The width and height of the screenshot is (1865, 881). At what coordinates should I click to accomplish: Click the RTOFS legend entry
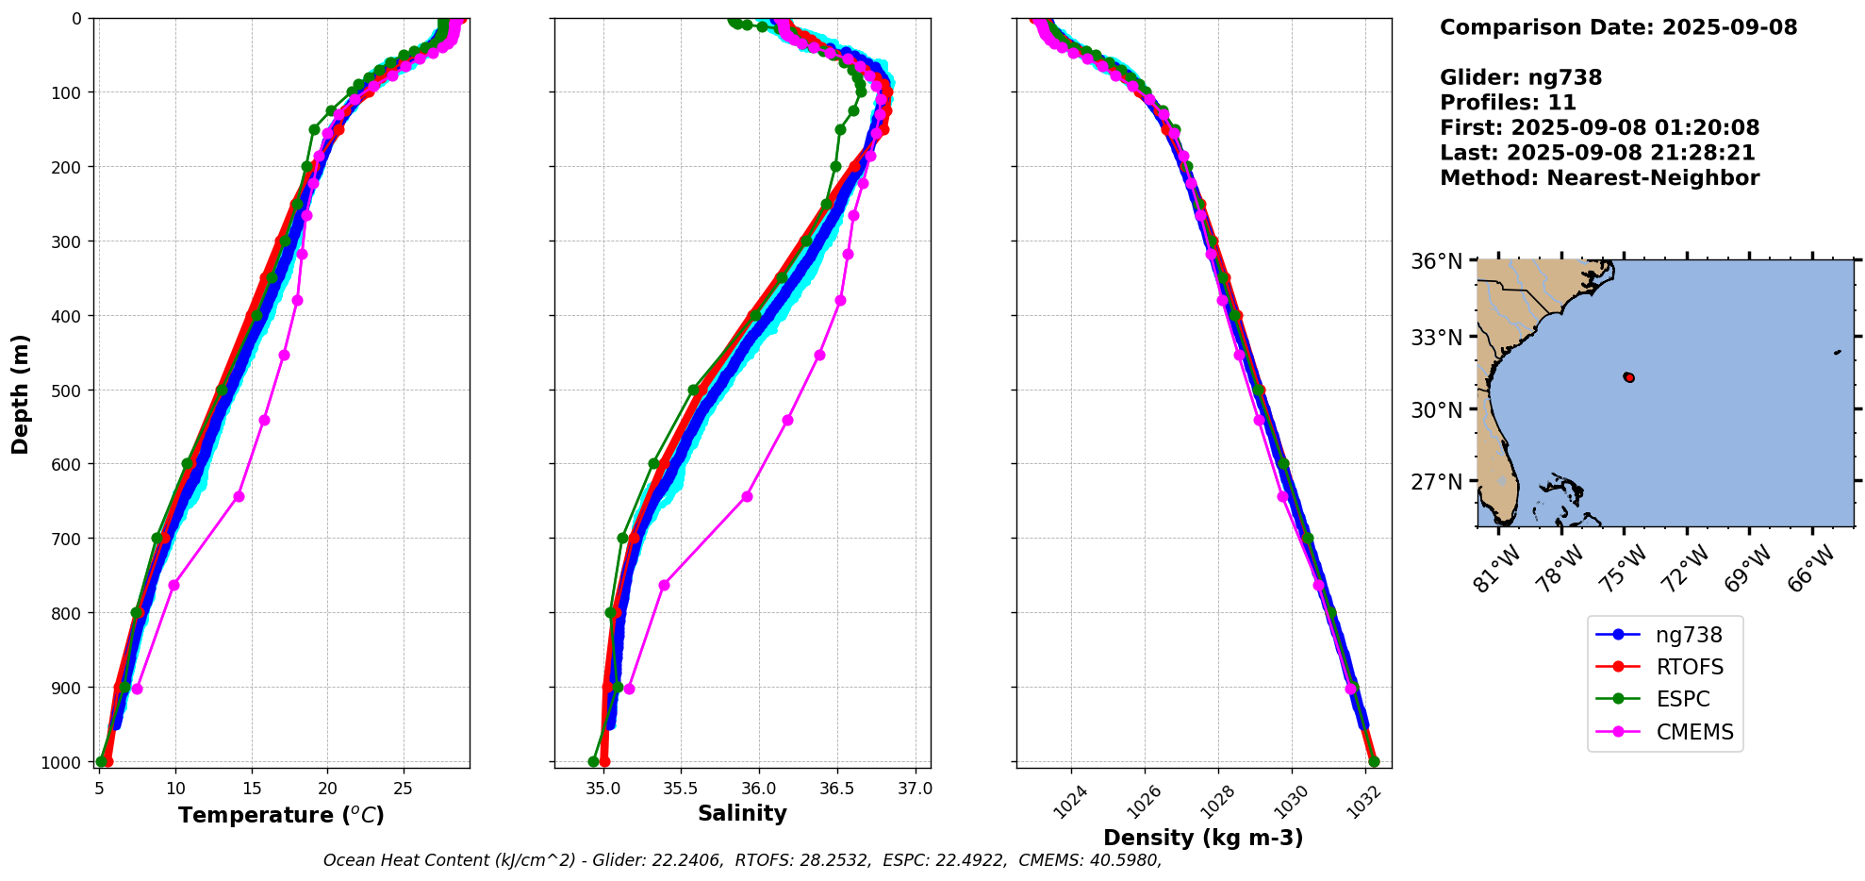(x=1689, y=667)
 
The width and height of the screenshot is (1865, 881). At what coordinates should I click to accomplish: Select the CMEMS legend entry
(x=1694, y=732)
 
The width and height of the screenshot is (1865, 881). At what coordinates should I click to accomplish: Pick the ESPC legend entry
(x=1682, y=699)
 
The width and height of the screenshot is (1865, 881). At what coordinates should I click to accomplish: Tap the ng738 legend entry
(x=1688, y=635)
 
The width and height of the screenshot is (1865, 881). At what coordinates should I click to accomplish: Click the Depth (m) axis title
(x=21, y=393)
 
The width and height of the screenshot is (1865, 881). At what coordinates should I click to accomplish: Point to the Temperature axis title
(x=281, y=815)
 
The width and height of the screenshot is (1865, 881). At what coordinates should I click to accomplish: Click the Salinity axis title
(x=742, y=813)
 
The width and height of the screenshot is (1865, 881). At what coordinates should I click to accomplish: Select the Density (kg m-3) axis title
(x=1203, y=838)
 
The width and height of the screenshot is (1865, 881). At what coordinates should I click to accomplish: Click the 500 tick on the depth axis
(x=67, y=390)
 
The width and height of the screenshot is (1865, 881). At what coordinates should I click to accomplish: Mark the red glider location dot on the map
(x=1628, y=377)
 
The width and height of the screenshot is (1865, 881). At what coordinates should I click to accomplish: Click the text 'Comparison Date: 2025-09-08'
(x=1618, y=27)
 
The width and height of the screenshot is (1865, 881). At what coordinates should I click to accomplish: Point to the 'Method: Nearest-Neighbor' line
(x=1599, y=178)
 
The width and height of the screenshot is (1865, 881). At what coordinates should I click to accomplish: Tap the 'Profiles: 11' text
(x=1508, y=103)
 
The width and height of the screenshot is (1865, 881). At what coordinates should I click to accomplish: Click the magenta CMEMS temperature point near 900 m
(x=137, y=689)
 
